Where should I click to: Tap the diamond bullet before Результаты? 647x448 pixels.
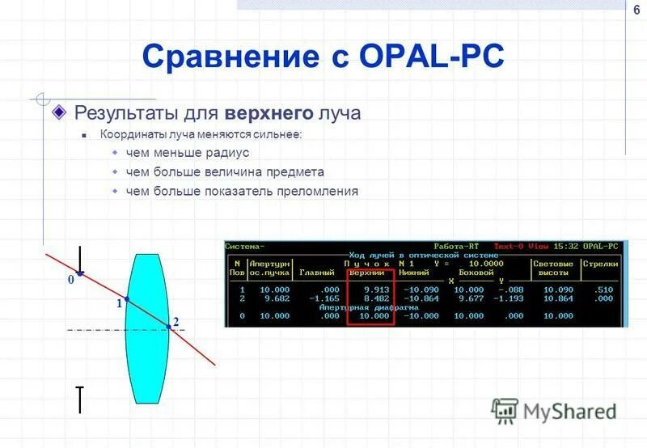tap(59, 112)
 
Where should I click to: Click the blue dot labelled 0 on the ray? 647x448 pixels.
tap(79, 273)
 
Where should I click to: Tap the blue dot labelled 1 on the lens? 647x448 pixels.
tap(127, 298)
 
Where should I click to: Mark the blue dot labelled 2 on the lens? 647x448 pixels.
tap(170, 324)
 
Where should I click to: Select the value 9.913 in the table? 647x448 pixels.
tap(376, 290)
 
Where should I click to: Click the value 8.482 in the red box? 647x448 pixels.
tap(376, 298)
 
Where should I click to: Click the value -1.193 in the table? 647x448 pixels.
tap(508, 298)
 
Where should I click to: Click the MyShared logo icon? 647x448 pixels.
tap(504, 411)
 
